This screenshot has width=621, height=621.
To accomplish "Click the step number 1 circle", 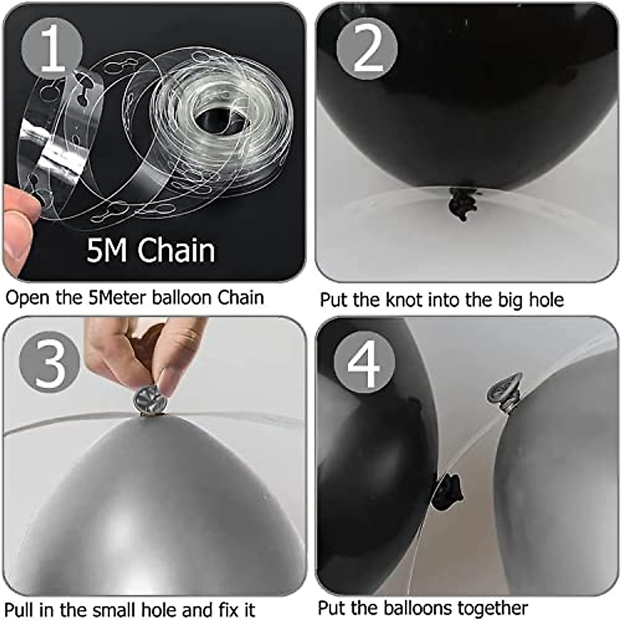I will click(x=52, y=49).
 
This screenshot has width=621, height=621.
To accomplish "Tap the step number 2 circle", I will click(x=367, y=49).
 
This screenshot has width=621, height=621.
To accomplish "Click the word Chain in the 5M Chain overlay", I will click(x=176, y=250).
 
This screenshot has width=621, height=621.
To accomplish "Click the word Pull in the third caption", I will click(x=22, y=609).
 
